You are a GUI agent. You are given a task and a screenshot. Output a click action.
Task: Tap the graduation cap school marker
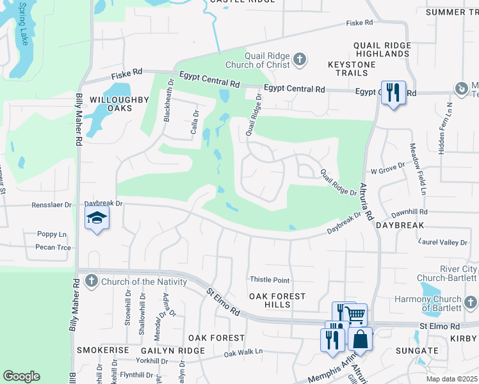[97, 220]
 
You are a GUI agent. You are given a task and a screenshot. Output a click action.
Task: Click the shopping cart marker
[355, 314]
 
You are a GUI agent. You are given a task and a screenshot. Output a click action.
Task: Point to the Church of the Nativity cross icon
[92, 281]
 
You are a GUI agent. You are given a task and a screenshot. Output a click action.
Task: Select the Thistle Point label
[269, 280]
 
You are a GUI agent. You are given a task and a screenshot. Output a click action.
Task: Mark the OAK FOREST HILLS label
[277, 300]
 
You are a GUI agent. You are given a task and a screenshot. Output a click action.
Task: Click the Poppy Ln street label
[52, 234]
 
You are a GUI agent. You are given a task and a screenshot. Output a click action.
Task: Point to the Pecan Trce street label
[54, 247]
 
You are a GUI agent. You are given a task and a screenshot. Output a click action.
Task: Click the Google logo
[21, 376]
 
